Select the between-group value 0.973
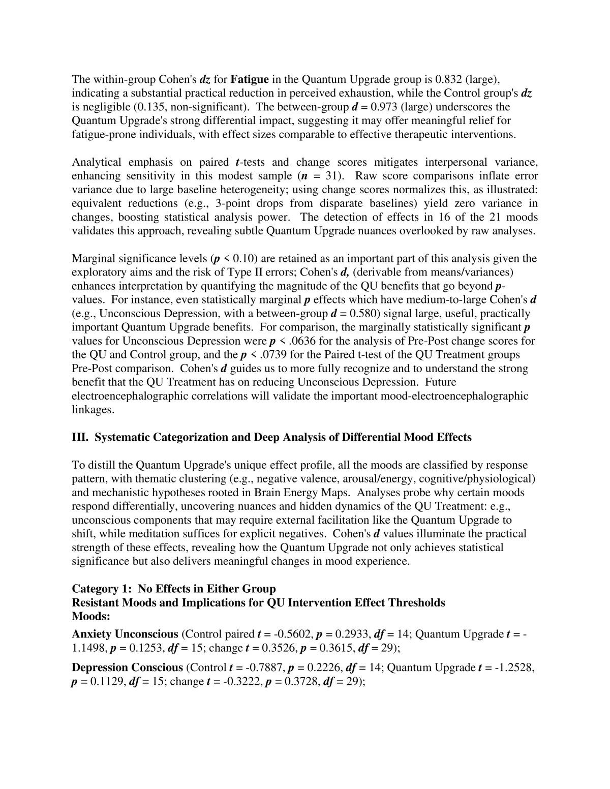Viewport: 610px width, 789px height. (386, 107)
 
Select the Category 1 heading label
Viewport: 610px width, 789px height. (102, 589)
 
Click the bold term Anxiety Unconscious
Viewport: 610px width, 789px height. (125, 634)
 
